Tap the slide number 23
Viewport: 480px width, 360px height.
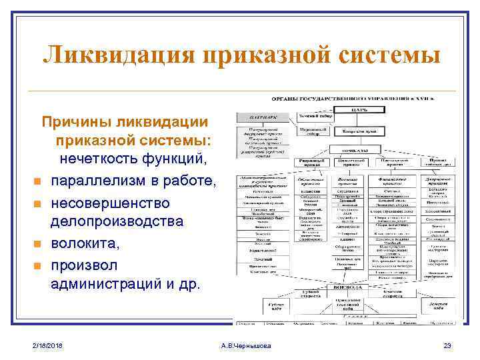tap(447, 344)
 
